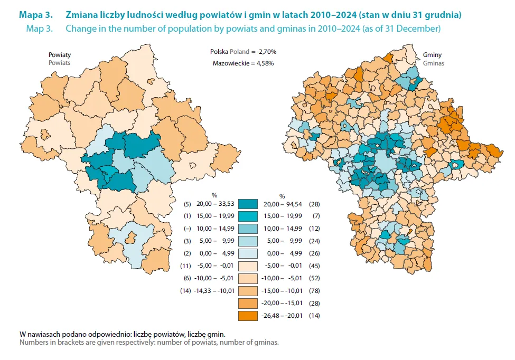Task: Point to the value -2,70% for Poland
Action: pos(264,52)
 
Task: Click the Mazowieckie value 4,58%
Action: pos(264,63)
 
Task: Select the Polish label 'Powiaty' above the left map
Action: pos(60,55)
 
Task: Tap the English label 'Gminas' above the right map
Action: pos(434,63)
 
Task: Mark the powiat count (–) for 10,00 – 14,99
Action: pos(186,226)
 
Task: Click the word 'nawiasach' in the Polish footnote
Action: pos(45,334)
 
